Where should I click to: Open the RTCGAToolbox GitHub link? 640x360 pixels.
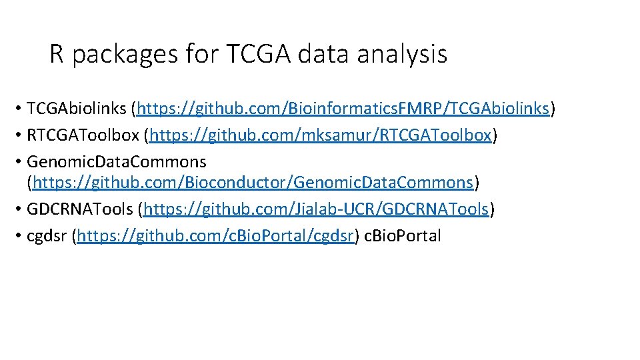pyautogui.click(x=321, y=135)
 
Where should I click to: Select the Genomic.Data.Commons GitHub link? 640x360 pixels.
pyautogui.click(x=253, y=181)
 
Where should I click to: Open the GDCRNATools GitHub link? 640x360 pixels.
pyautogui.click(x=315, y=209)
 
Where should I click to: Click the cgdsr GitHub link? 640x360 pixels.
pyautogui.click(x=215, y=236)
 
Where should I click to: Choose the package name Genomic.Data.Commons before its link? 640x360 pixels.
pyautogui.click(x=117, y=162)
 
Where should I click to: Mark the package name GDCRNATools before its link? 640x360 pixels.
pyautogui.click(x=80, y=209)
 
